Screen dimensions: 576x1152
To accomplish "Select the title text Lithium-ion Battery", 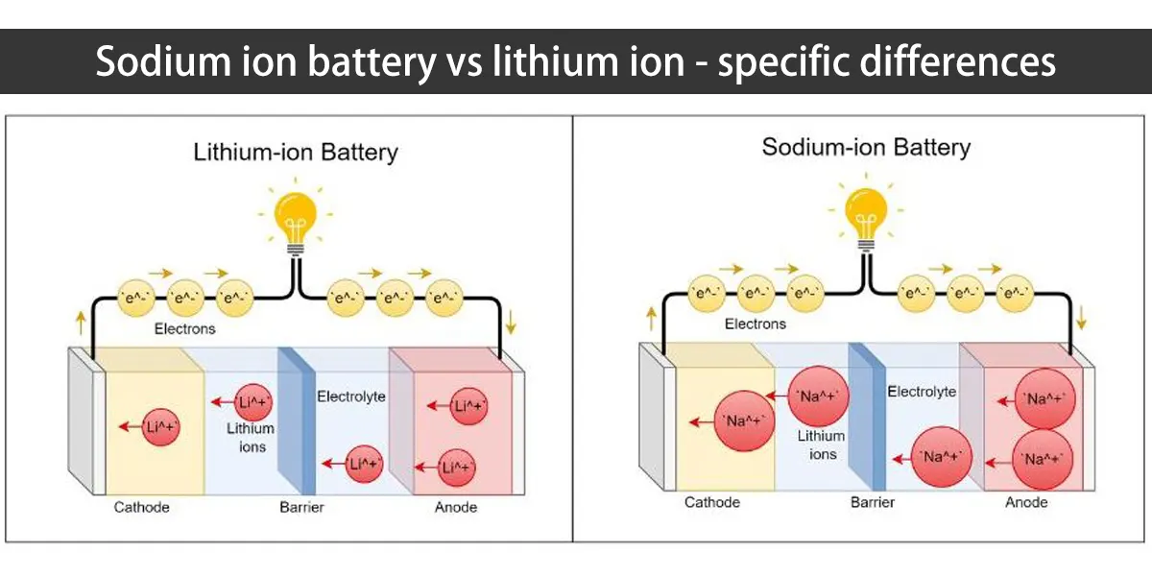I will (x=296, y=152).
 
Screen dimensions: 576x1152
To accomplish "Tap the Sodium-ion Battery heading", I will (x=866, y=147).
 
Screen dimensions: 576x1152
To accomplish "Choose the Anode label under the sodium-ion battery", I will (x=1026, y=502).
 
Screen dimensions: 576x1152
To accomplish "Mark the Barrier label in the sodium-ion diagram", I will (x=872, y=502).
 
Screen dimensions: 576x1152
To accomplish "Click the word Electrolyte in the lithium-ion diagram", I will (x=351, y=396).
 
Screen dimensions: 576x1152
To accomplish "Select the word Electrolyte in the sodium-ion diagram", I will (x=922, y=392).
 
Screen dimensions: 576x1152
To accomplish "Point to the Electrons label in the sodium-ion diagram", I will (x=755, y=324).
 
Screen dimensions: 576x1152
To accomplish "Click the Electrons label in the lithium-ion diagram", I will (x=185, y=328).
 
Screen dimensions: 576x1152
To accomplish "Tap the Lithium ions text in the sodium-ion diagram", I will (x=823, y=444).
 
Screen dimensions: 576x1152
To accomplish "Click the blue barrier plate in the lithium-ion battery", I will (x=296, y=422).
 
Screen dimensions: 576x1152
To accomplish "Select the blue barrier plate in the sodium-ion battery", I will (x=866, y=419).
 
